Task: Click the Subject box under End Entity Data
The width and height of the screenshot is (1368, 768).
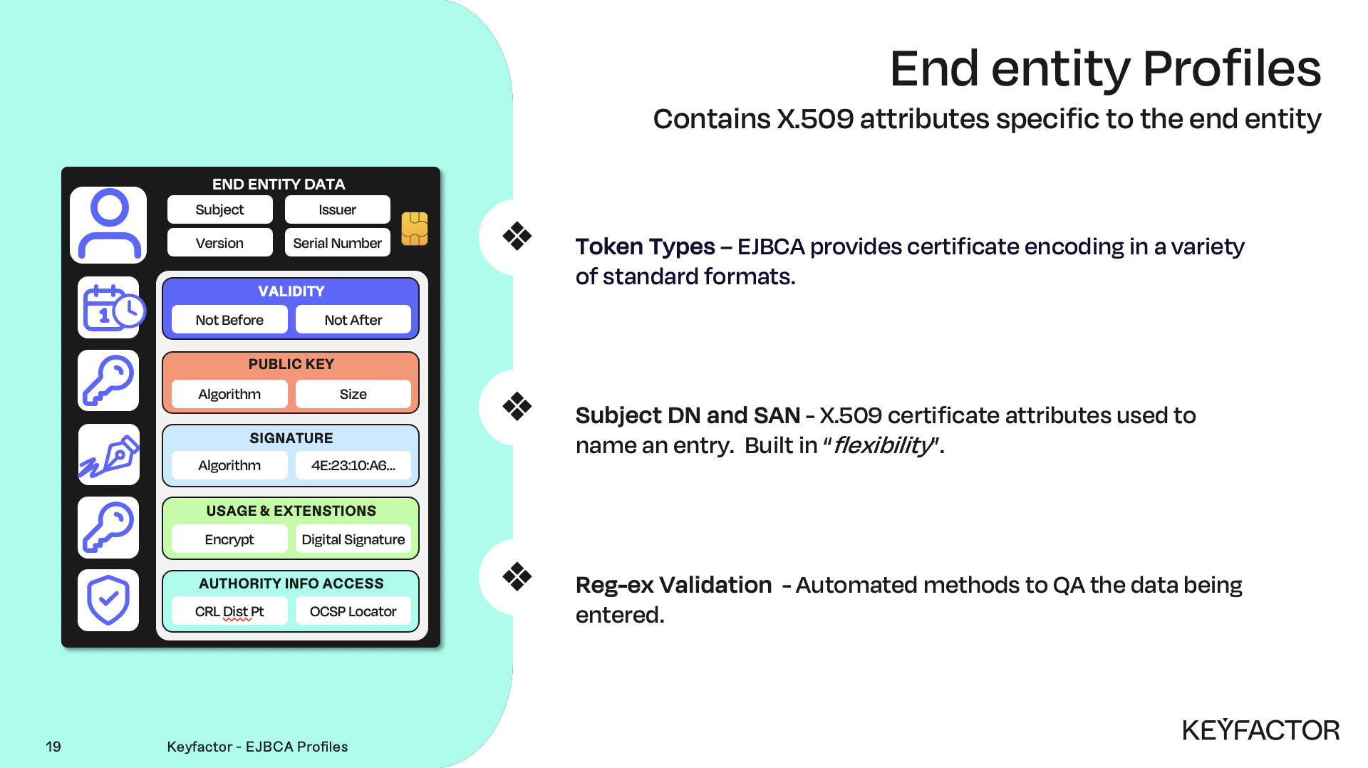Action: (219, 209)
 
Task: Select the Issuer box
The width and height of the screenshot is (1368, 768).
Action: (337, 209)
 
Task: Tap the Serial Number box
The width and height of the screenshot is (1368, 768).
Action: (337, 243)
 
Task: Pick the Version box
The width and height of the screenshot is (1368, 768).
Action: (219, 243)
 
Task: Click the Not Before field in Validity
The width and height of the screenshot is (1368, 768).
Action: (229, 320)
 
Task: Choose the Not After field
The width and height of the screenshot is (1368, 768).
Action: (353, 320)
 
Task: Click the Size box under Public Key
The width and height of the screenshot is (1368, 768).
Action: (353, 394)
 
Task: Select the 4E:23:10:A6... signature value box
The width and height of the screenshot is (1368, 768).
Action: (353, 465)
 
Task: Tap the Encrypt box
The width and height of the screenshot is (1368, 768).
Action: (229, 539)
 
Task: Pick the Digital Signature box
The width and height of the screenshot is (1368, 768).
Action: (353, 539)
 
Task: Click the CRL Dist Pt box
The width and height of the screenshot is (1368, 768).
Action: (229, 611)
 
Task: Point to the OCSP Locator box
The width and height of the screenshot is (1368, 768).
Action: (353, 611)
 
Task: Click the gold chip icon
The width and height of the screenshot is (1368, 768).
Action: (415, 229)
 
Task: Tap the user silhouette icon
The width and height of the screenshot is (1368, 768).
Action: (109, 224)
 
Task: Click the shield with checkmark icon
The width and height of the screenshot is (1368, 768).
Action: (108, 600)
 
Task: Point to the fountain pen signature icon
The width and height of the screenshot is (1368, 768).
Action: (109, 455)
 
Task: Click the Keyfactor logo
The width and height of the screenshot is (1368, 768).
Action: (1260, 730)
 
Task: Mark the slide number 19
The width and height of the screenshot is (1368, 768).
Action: (53, 747)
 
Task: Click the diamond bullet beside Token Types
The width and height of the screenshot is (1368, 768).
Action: (517, 236)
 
